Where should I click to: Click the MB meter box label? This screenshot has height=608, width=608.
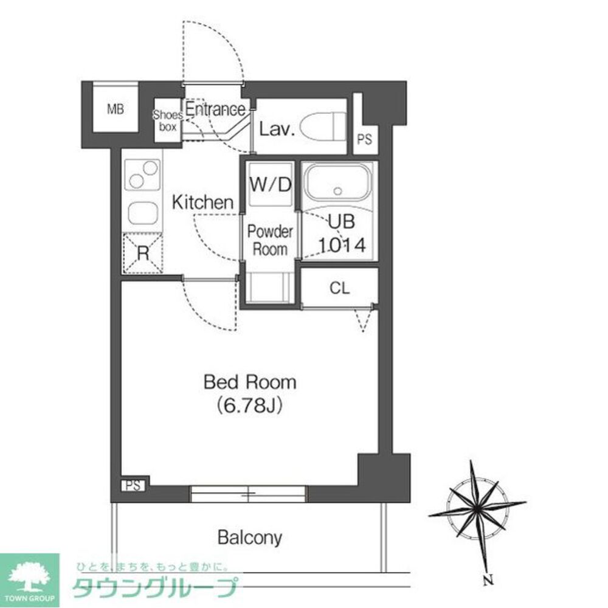116,109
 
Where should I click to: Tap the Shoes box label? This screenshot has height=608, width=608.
168,120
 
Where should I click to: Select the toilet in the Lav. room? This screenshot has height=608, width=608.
323,126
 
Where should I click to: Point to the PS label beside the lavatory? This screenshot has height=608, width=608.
364,139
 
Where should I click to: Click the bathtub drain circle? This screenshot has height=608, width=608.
337,191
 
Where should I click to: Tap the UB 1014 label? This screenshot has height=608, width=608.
342,233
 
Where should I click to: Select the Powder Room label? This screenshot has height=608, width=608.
270,240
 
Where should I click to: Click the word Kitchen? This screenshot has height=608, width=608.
202,202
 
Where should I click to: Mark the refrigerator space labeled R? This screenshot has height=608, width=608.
143,253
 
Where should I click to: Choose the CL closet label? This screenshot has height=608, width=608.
340,288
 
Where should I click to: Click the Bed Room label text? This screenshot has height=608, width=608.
250,382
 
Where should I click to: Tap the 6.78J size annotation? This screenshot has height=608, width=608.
249,406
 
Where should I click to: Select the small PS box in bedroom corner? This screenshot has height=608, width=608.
133,485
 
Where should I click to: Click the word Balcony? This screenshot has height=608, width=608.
250,538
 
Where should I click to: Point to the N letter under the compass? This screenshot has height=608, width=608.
488,581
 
